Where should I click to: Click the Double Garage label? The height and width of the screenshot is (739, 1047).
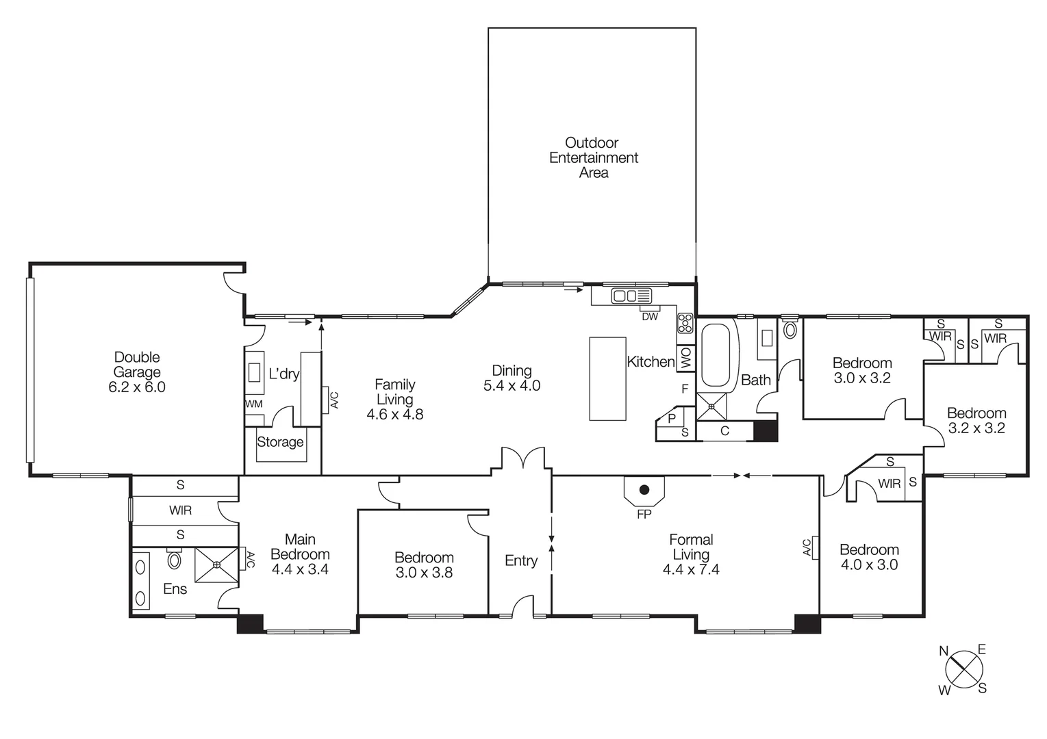(137, 365)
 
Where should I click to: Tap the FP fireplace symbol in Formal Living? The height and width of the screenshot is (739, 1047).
(644, 491)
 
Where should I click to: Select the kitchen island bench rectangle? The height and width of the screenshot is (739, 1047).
(607, 378)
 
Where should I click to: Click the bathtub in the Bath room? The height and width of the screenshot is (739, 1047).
(717, 354)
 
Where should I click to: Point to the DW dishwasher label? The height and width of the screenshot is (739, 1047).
(649, 317)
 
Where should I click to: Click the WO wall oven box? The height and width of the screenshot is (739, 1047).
(686, 358)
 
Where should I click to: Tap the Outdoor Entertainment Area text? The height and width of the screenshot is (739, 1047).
(593, 157)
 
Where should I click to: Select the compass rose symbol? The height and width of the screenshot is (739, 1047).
(964, 669)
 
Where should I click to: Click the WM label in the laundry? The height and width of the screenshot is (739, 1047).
(253, 404)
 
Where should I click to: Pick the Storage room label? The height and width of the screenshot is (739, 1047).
(280, 442)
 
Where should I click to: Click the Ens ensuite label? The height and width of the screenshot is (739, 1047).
(175, 588)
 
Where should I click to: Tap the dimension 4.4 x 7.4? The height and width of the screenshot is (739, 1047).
(690, 569)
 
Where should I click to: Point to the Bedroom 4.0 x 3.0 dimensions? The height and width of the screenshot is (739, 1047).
(869, 565)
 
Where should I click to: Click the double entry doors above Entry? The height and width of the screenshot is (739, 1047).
(523, 458)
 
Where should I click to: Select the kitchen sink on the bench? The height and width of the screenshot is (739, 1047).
(631, 296)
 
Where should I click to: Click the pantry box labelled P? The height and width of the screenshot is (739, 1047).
(671, 418)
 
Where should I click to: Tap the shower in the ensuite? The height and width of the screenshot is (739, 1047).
(216, 565)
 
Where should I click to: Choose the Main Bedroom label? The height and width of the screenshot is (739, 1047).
(300, 547)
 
